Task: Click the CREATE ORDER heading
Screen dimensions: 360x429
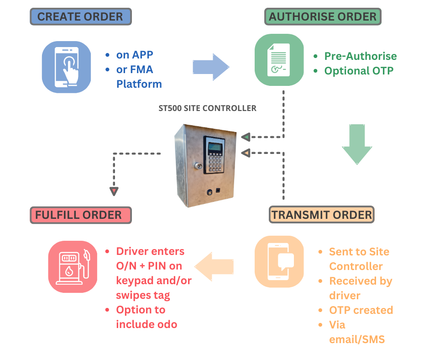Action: [x=80, y=17]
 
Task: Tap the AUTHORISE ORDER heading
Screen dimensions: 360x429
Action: [x=323, y=17]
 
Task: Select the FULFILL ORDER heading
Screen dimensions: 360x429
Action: [x=78, y=215]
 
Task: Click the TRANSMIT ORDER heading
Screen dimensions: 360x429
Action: [x=322, y=215]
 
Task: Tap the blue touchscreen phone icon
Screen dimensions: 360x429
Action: [x=67, y=67]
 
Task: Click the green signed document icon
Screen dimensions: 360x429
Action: [x=279, y=60]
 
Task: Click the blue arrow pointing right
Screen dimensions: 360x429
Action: [x=210, y=67]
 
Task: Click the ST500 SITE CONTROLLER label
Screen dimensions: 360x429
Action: [x=207, y=108]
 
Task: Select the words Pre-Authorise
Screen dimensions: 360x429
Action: [x=360, y=56]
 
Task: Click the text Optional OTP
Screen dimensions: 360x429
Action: [x=358, y=71]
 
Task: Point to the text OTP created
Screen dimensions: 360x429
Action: [x=361, y=310]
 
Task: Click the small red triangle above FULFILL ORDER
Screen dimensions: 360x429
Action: [x=114, y=191]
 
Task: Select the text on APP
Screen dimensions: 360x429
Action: [x=135, y=55]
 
